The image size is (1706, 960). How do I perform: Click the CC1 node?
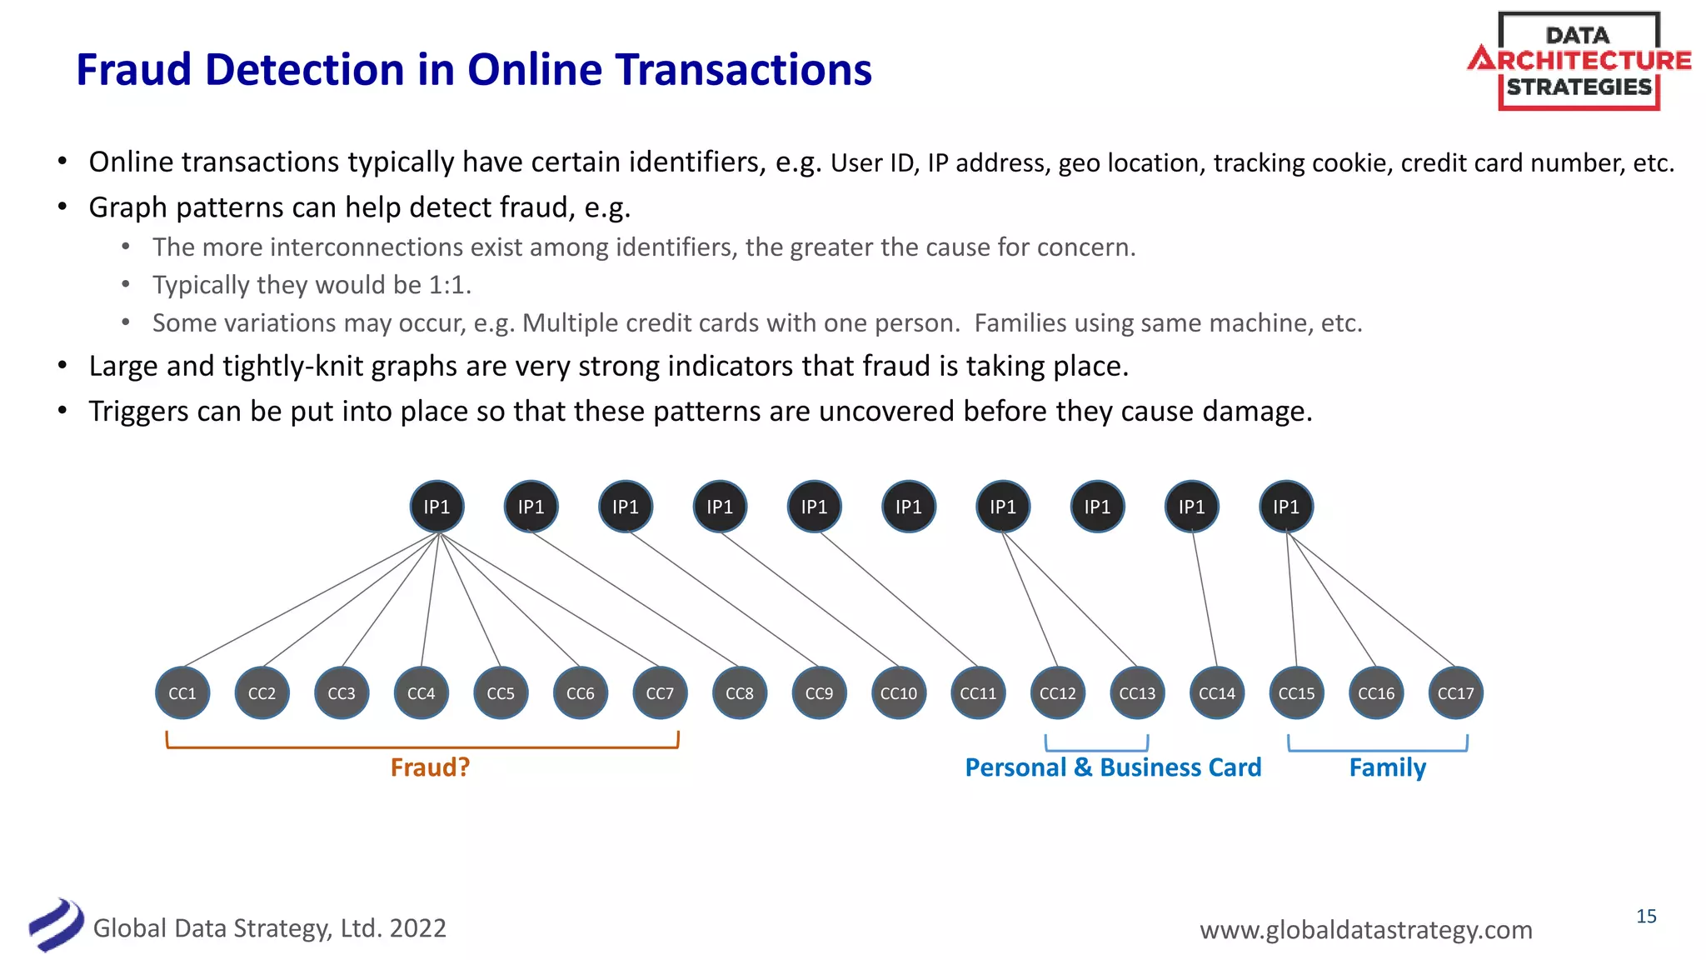click(182, 693)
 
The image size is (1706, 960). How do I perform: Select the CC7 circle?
click(660, 693)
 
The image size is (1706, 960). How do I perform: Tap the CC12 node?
click(1058, 693)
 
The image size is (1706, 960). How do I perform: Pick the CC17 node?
click(1455, 693)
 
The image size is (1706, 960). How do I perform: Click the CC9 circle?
click(819, 693)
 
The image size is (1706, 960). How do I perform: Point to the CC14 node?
click(1217, 693)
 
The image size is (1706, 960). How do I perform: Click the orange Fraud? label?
click(430, 767)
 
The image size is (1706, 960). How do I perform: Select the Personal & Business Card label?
click(1113, 767)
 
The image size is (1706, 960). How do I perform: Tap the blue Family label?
click(1387, 767)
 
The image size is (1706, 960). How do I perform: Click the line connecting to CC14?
click(1205, 600)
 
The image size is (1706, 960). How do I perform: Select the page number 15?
click(1646, 917)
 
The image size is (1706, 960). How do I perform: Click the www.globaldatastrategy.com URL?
click(1365, 929)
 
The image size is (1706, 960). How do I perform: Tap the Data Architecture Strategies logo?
click(1579, 61)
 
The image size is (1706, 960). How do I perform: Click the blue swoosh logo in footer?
click(56, 924)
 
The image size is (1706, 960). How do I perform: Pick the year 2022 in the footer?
click(417, 928)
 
